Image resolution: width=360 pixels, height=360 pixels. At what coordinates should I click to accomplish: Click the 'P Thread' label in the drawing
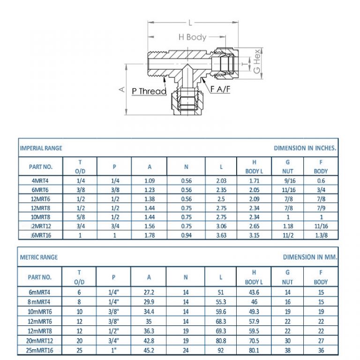(x=149, y=91)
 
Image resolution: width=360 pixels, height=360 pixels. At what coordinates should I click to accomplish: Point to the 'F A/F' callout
(x=220, y=89)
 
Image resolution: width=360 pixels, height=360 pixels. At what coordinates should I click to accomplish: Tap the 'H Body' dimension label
(x=192, y=37)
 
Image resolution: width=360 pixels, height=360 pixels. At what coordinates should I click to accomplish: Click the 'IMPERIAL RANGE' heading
(x=41, y=148)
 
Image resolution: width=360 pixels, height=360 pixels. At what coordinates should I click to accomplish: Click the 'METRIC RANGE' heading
(x=39, y=257)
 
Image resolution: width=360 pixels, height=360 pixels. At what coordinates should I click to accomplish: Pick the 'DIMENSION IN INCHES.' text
(x=305, y=148)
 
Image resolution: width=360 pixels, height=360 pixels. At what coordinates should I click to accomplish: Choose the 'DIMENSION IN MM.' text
(x=310, y=257)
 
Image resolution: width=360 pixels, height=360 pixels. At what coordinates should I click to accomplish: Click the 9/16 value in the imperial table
(x=287, y=180)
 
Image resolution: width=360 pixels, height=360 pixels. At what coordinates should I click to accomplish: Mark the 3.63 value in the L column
(x=222, y=235)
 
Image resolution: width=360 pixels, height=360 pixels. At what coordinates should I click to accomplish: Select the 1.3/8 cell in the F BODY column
(x=321, y=235)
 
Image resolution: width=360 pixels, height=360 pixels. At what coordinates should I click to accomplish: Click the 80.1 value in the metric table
(x=254, y=350)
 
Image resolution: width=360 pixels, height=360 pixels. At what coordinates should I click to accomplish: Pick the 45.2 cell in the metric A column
(x=149, y=350)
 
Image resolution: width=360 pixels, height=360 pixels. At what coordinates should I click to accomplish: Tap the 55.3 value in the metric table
(x=221, y=302)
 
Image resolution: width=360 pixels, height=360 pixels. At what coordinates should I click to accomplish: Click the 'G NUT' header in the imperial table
(x=287, y=166)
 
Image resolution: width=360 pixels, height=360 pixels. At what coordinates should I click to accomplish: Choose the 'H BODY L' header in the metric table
(x=254, y=277)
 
